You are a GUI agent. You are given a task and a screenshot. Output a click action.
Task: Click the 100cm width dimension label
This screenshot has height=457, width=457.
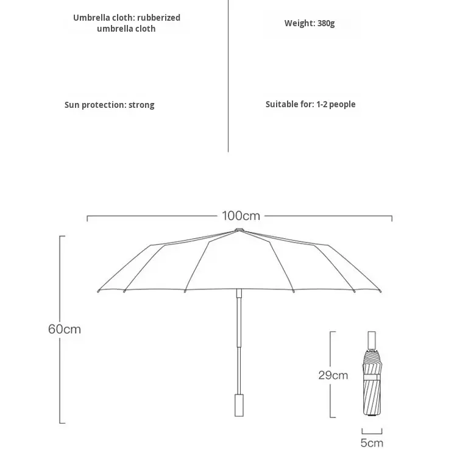[241, 216]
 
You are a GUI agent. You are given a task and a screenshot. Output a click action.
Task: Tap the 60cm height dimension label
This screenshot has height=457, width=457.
[65, 329]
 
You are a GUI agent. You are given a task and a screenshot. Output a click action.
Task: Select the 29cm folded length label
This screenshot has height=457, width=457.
[333, 375]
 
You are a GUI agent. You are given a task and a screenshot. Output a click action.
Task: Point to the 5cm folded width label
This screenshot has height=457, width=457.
[372, 443]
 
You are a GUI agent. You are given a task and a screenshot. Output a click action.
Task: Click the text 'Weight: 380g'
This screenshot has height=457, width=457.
[310, 23]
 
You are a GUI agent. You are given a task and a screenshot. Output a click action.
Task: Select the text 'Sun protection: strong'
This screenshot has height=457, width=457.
[110, 105]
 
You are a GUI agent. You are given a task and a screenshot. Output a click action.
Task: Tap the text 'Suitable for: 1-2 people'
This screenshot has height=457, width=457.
[310, 104]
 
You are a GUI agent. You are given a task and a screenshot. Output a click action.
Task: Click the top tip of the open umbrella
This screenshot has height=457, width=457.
[239, 230]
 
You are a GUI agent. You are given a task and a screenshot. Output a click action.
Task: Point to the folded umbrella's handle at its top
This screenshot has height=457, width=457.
[372, 339]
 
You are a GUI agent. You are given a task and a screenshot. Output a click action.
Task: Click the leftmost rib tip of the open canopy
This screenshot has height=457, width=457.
[97, 292]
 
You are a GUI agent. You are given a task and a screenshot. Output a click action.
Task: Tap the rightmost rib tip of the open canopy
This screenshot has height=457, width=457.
[382, 292]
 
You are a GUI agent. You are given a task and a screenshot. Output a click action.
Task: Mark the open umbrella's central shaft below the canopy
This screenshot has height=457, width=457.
[239, 341]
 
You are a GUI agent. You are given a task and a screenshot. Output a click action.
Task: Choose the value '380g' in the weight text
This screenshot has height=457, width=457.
[326, 23]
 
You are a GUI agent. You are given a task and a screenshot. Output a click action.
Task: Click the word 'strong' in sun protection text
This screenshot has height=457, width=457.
[141, 105]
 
